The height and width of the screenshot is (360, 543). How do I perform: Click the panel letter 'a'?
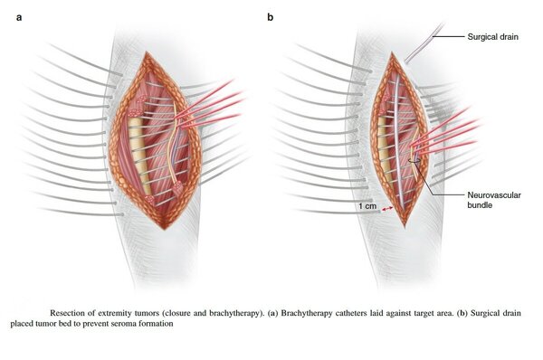(19, 17)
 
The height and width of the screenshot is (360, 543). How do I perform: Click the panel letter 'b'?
(270, 17)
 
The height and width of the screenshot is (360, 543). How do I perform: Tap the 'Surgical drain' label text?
(493, 37)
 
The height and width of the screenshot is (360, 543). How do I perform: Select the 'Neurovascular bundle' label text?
(494, 200)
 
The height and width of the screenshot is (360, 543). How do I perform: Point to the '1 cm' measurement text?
(367, 206)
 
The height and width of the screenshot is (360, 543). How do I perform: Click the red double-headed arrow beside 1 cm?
(386, 209)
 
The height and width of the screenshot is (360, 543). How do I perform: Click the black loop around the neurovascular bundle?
(414, 161)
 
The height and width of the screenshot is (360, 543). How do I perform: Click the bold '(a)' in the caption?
(272, 313)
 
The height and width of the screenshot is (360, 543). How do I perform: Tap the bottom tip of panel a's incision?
(165, 230)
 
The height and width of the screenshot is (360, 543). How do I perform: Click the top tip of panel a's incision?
(148, 52)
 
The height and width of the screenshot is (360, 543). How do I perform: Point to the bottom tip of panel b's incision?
(405, 227)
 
